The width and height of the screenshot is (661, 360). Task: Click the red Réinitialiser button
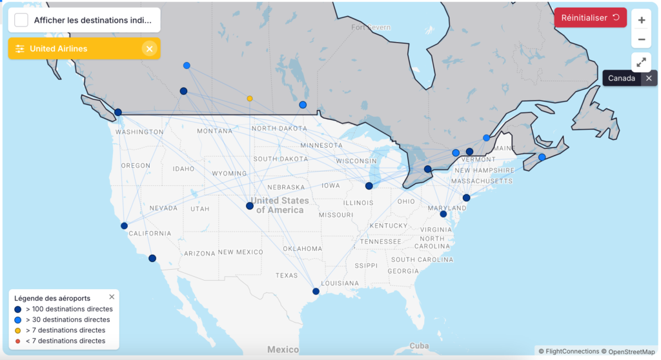pyautogui.click(x=589, y=17)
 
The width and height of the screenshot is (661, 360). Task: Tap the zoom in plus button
pyautogui.click(x=641, y=20)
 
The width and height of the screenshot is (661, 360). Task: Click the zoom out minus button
pyautogui.click(x=641, y=39)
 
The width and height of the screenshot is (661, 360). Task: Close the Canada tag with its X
pyautogui.click(x=649, y=78)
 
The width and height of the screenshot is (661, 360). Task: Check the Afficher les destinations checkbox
pyautogui.click(x=21, y=20)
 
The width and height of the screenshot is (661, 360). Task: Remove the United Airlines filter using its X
pyautogui.click(x=149, y=48)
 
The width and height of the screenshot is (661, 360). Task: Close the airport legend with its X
pyautogui.click(x=112, y=297)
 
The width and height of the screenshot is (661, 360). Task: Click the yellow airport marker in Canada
pyautogui.click(x=250, y=99)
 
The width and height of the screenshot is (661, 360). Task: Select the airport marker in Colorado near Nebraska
pyautogui.click(x=250, y=206)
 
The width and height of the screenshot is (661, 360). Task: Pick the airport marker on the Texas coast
pyautogui.click(x=316, y=291)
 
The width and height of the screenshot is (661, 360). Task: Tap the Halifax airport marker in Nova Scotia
pyautogui.click(x=542, y=157)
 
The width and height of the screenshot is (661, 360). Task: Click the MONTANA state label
pyautogui.click(x=215, y=131)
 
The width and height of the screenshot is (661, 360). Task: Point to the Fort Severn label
pyautogui.click(x=371, y=27)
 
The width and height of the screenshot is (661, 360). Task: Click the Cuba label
pyautogui.click(x=419, y=345)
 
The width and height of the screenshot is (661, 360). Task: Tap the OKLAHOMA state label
pyautogui.click(x=302, y=248)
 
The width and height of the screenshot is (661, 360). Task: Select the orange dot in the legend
pyautogui.click(x=18, y=341)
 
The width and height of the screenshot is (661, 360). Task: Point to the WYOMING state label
pyautogui.click(x=229, y=173)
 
